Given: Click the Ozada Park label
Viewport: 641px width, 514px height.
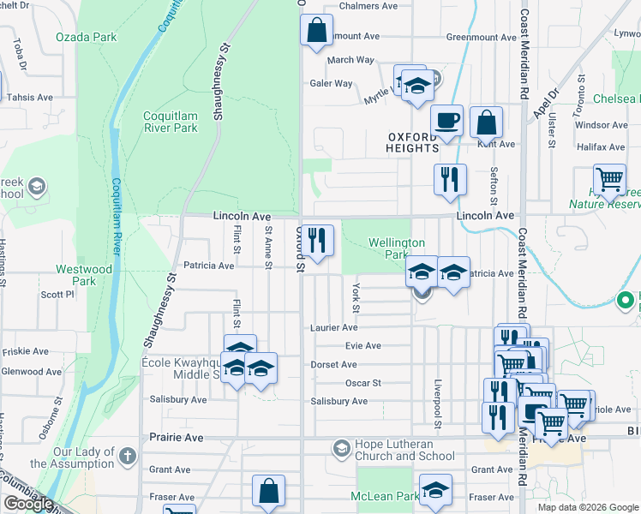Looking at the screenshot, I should pos(86,37).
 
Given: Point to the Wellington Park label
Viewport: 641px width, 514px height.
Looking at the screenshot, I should pos(397,248).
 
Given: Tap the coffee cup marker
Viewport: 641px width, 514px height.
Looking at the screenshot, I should pos(446,121).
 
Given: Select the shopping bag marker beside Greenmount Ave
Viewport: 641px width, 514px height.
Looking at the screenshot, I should pos(316,30).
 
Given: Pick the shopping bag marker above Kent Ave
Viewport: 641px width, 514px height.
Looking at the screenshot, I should pos(487,123).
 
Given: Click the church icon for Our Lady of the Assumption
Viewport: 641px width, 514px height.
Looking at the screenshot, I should pos(128,456).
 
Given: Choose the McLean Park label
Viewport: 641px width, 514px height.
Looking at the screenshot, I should pos(385,496).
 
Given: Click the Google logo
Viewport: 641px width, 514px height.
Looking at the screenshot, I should pos(28,504).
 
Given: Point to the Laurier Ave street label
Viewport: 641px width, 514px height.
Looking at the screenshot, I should pos(334,327).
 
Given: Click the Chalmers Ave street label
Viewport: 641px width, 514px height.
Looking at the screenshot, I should pos(368,5).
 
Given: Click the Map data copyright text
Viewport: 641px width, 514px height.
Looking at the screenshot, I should pos(587,507).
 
